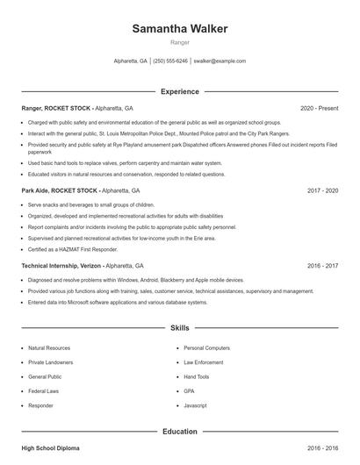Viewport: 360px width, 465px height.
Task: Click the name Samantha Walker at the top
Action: point(180,29)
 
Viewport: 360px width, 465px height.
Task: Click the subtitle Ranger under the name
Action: point(180,42)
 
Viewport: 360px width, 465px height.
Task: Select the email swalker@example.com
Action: point(220,61)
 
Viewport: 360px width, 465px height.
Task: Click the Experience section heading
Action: point(180,91)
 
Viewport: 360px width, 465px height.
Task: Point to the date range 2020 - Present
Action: point(320,108)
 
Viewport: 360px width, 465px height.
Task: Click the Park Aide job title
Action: point(36,190)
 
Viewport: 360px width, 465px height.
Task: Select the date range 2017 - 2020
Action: point(323,190)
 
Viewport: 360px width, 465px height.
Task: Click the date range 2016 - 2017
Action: point(323,265)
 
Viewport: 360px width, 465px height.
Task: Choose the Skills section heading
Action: point(180,328)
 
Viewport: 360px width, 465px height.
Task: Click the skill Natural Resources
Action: point(48,347)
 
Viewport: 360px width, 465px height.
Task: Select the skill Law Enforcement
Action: point(204,361)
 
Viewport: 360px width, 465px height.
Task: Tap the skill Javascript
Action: point(196,405)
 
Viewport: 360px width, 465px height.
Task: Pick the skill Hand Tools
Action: point(198,376)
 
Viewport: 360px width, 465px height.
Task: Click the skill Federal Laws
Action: point(44,390)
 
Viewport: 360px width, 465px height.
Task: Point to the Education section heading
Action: point(180,432)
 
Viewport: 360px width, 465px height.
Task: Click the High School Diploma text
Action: point(50,448)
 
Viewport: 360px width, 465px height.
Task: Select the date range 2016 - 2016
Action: point(323,448)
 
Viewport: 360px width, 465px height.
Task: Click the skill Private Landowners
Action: point(50,361)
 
